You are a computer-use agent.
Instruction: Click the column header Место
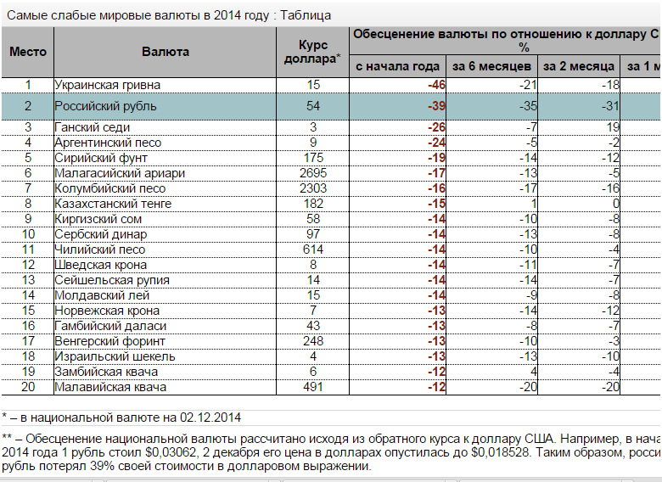click(x=27, y=52)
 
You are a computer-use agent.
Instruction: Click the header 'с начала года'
click(x=397, y=66)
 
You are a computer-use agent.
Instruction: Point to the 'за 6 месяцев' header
click(x=491, y=66)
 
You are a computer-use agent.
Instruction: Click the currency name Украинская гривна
click(x=107, y=85)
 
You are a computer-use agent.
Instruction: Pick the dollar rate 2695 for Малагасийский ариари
click(x=313, y=173)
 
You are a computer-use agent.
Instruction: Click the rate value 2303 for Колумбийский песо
click(x=313, y=188)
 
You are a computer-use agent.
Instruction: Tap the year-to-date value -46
click(x=437, y=85)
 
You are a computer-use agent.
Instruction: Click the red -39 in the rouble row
click(x=437, y=106)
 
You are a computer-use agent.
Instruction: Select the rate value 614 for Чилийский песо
click(x=313, y=249)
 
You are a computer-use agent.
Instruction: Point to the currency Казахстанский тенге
click(x=113, y=204)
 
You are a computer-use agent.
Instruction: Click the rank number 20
click(x=28, y=387)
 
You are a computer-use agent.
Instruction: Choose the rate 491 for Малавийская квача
click(x=313, y=387)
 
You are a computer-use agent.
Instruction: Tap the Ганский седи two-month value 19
click(x=613, y=127)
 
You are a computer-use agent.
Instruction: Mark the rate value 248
click(x=313, y=341)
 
